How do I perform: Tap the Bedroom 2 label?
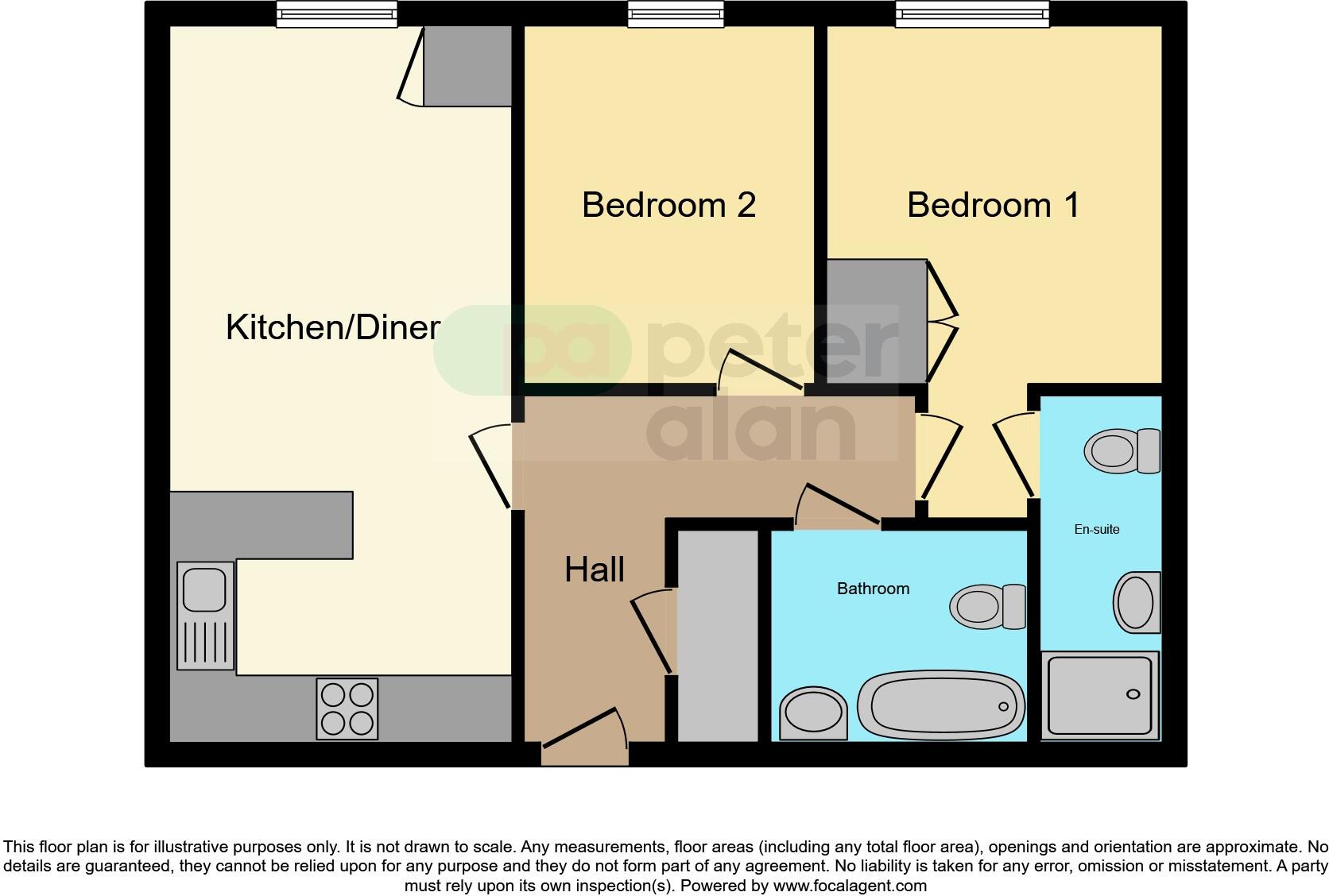[x=668, y=205]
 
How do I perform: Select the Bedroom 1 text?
[x=993, y=205]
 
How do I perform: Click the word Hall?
[x=594, y=570]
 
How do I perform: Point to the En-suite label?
[x=1096, y=530]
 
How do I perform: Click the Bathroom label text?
[x=873, y=589]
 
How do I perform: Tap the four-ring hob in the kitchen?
[x=347, y=709]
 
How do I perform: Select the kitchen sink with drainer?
[x=205, y=615]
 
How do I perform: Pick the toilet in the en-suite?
[x=1122, y=451]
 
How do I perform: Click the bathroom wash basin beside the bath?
[x=814, y=713]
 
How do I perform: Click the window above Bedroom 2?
[x=676, y=14]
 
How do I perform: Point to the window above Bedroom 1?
[x=971, y=14]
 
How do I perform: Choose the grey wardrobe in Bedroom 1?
[x=877, y=321]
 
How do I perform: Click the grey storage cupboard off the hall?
[x=717, y=635]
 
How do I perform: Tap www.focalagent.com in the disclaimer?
[x=849, y=885]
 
